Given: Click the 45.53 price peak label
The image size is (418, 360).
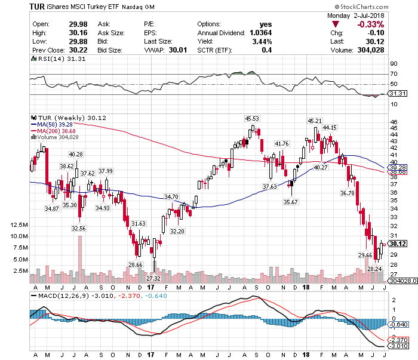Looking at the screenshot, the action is (252, 119).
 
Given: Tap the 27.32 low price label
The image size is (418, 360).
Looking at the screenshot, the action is (153, 278).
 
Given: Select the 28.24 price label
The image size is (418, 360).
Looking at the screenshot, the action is (374, 269).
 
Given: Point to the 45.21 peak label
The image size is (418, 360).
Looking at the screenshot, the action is (315, 121).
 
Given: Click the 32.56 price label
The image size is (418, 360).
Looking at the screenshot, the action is (79, 229).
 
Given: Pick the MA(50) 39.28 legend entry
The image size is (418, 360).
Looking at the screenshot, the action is (52, 124).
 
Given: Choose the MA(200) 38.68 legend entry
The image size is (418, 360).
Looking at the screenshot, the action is (53, 131).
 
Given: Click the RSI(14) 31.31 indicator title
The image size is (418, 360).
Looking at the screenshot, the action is (59, 59).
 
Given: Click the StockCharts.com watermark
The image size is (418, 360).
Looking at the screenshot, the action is (362, 7).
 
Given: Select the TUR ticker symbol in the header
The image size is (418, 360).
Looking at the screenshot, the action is (37, 7).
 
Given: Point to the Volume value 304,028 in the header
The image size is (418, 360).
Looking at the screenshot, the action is (371, 50).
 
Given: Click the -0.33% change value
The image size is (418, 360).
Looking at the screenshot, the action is (371, 24).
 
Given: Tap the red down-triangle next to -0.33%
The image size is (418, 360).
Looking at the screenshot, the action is (336, 24).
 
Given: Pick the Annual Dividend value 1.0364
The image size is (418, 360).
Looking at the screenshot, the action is (261, 33).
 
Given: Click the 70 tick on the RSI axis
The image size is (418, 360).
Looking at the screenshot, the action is (394, 74).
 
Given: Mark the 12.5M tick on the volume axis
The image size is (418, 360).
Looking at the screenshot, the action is (19, 225).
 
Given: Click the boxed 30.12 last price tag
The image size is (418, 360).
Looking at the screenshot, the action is (398, 244).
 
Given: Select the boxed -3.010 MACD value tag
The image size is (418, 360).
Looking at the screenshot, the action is (398, 346).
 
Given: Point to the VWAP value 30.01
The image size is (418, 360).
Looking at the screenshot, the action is (178, 50).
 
